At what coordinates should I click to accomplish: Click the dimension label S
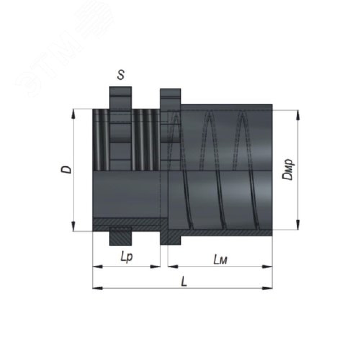tap(121, 75)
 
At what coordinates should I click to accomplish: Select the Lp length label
tap(127, 258)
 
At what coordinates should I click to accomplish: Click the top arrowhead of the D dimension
tap(73, 114)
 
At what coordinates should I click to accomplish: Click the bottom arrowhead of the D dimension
tap(73, 226)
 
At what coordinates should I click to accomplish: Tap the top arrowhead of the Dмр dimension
tap(298, 115)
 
